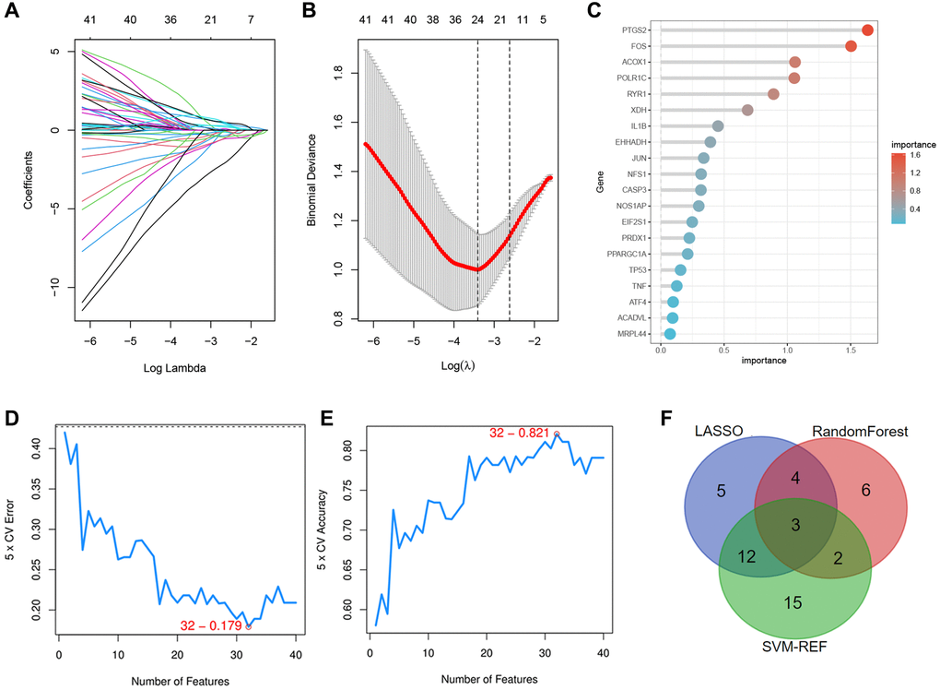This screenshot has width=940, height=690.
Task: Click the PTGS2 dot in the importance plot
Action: click(867, 30)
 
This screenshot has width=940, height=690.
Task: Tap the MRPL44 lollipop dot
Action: click(670, 334)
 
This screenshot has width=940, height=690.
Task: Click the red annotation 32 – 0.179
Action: click(211, 625)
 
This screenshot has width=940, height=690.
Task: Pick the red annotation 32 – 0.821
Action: click(519, 433)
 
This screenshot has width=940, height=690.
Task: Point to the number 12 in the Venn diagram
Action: click(747, 556)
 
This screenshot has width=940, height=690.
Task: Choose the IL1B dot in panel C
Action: click(718, 126)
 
